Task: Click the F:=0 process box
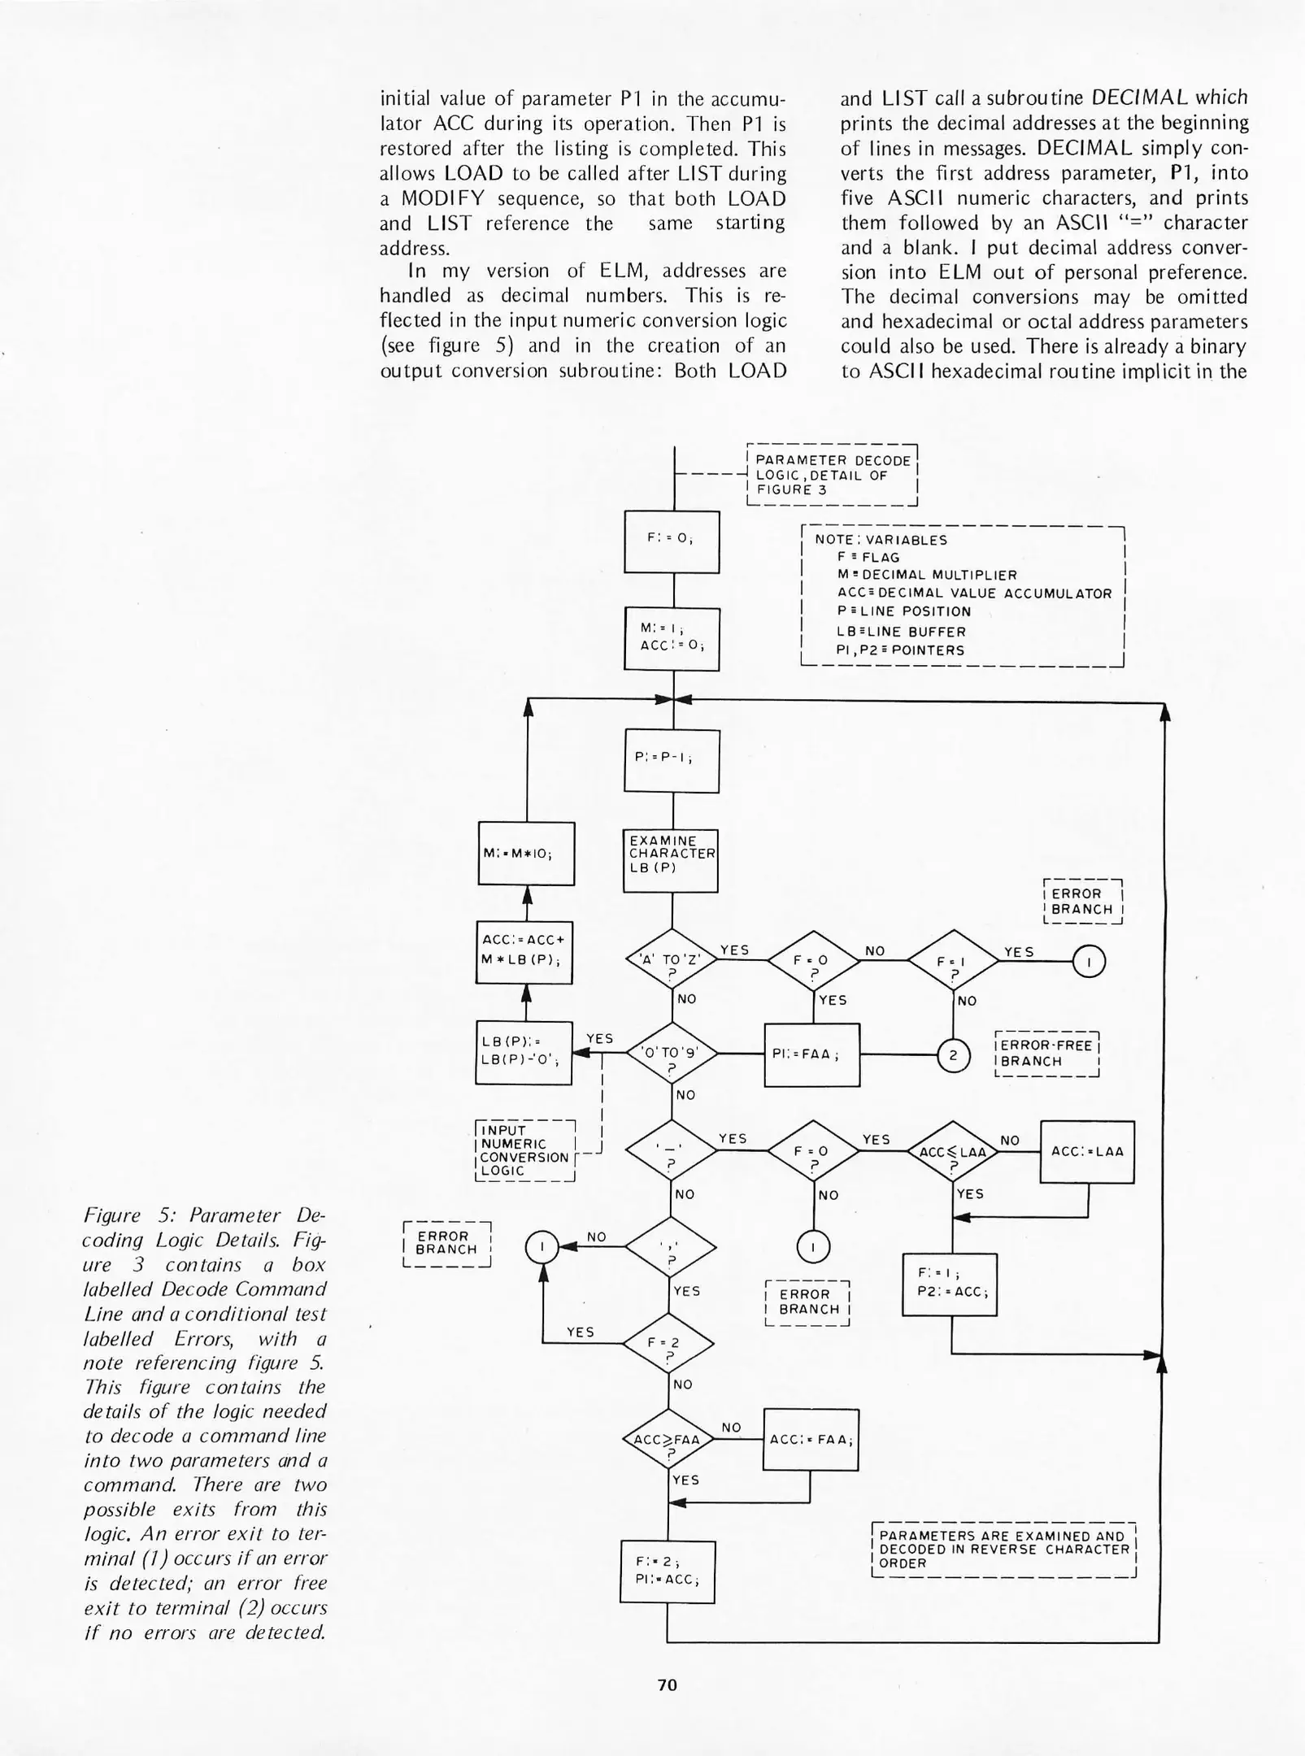point(672,541)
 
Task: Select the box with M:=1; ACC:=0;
point(672,639)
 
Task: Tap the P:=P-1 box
point(672,761)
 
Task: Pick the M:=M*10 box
point(526,854)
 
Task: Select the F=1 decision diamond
point(953,961)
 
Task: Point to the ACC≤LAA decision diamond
point(953,1151)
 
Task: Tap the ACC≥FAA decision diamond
point(668,1440)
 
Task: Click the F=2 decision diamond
point(668,1344)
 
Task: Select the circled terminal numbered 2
point(954,1056)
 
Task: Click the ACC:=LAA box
point(1087,1152)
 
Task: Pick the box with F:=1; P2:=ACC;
point(950,1284)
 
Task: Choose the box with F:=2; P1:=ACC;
point(668,1572)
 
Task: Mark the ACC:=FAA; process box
point(811,1440)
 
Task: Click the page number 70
point(667,1685)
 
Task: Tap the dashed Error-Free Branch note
point(1047,1054)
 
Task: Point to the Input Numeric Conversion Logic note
point(524,1150)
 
